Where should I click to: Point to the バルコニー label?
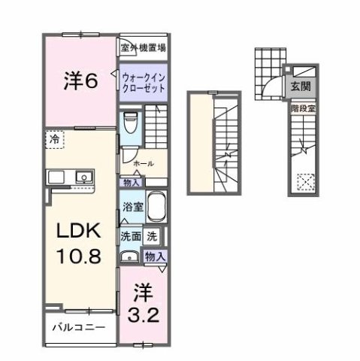pos(78,328)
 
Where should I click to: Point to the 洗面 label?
pos(131,235)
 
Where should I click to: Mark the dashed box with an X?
pos(305,183)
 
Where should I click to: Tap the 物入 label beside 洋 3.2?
pos(156,256)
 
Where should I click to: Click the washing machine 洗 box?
pos(153,235)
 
